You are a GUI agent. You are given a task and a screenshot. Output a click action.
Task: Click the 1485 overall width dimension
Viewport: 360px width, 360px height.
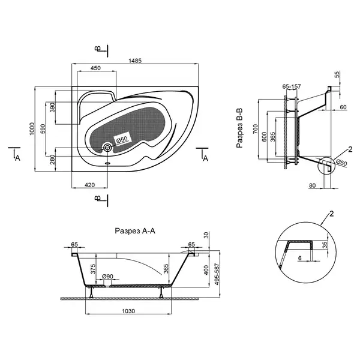[x=135, y=61]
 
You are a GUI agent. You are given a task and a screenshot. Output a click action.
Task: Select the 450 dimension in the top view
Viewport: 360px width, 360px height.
[x=95, y=68]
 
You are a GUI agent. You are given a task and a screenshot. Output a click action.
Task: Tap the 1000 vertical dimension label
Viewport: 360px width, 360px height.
[x=32, y=129]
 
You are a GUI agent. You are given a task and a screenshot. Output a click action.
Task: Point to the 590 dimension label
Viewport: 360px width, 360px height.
[x=43, y=129]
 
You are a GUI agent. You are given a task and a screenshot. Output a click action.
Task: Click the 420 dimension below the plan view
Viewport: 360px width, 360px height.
[x=89, y=185]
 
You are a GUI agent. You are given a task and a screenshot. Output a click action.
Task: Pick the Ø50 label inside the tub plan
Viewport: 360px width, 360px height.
[x=122, y=139]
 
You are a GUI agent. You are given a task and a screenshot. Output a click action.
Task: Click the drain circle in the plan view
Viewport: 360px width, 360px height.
[x=107, y=148]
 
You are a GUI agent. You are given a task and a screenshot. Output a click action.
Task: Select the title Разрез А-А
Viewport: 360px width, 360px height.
[x=135, y=231]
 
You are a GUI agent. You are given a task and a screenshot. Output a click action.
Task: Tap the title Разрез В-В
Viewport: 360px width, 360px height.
[x=239, y=128]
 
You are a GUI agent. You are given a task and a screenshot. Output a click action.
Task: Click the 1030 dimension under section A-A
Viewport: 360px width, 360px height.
[x=128, y=311]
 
